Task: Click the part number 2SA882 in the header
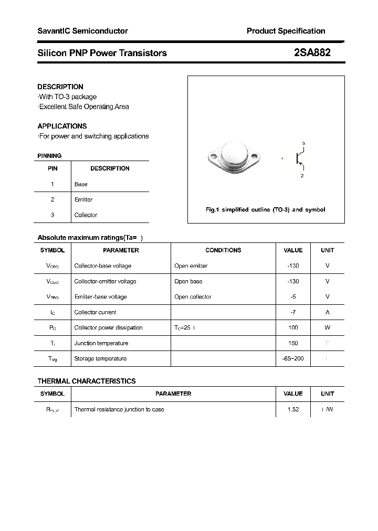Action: coord(312,52)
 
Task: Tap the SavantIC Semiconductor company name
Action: coord(82,31)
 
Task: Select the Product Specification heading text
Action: coord(286,31)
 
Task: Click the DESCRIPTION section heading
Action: coord(60,87)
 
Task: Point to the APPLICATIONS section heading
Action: coord(62,126)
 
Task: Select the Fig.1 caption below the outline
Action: coord(265,209)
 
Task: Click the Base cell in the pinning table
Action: coord(81,184)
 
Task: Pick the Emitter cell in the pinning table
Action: coord(83,199)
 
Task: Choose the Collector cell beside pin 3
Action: coord(86,215)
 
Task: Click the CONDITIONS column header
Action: coord(223,250)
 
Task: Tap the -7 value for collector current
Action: coord(293,312)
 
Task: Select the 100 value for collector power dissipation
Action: coord(293,327)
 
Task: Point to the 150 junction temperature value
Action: coord(293,343)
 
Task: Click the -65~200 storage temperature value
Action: coord(293,358)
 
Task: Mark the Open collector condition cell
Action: coord(193,296)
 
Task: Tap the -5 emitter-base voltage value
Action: coord(293,296)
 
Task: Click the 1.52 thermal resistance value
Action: coord(293,409)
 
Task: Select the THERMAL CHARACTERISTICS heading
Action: coord(87,381)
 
